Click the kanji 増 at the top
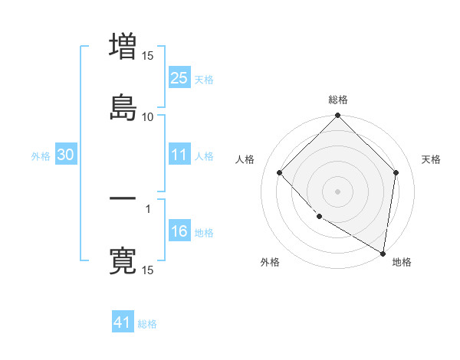pos(123,47)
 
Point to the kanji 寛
pos(123,260)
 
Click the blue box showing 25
pos(179,77)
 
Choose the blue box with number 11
pos(179,155)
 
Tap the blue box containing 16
pos(179,231)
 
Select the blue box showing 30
pos(66,155)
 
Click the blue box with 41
pos(123,322)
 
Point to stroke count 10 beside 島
pos(147,116)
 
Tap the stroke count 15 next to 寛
pos(147,270)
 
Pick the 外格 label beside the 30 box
pos(41,155)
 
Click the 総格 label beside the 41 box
pos(147,324)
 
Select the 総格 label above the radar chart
pos(338,100)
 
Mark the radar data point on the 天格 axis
pos(396,172)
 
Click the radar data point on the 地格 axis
pos(383,253)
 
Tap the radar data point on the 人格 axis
pos(280,172)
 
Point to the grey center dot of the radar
pos(338,191)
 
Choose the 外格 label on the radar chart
pos(270,262)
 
